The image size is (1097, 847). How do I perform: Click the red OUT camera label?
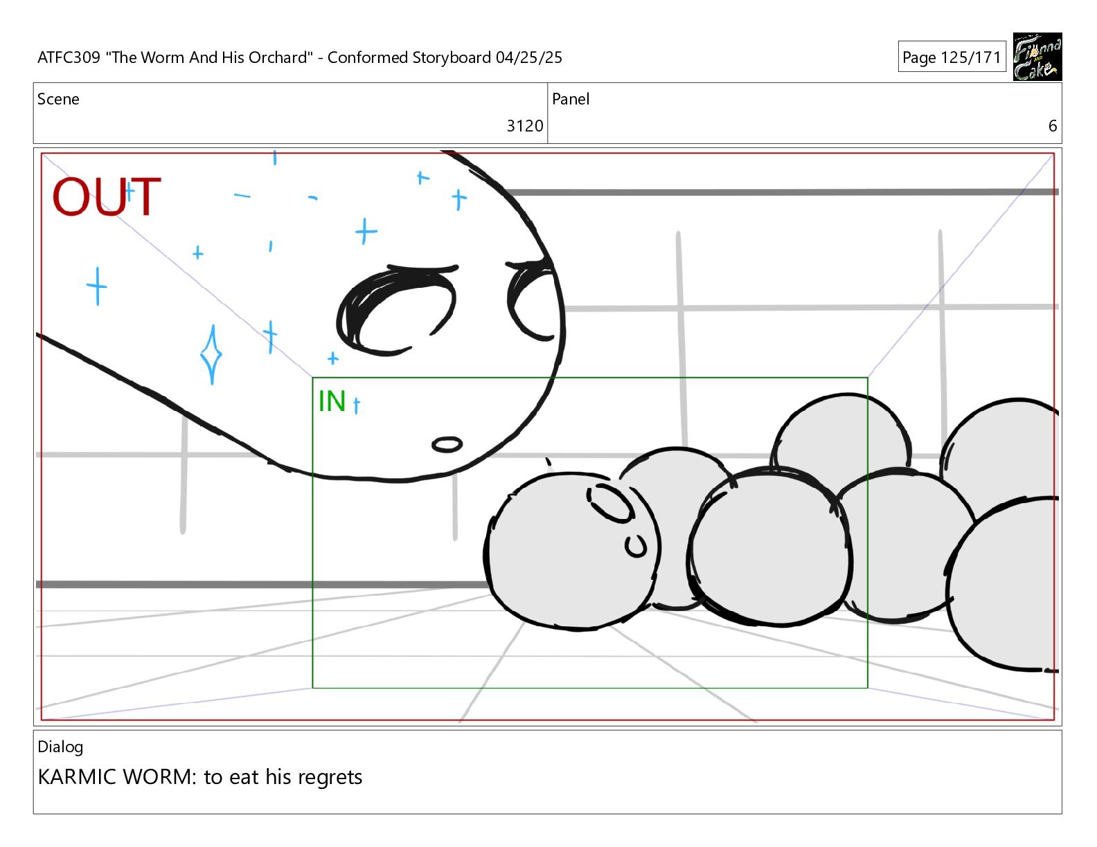click(107, 197)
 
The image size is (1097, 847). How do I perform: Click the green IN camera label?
click(332, 401)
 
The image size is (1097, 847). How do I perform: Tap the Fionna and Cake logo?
click(1037, 57)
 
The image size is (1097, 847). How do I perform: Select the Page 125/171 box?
click(952, 57)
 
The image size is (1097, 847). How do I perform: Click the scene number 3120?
click(525, 126)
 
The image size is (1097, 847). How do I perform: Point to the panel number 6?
click(1053, 126)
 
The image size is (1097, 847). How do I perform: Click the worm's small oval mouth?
click(447, 444)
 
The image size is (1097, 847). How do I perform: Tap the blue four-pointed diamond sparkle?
click(211, 354)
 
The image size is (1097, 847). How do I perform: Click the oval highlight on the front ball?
click(610, 502)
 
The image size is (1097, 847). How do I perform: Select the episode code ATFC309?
click(69, 57)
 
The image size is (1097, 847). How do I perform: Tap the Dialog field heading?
click(60, 747)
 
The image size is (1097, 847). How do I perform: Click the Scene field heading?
click(58, 99)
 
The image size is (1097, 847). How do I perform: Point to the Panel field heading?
click(571, 99)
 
